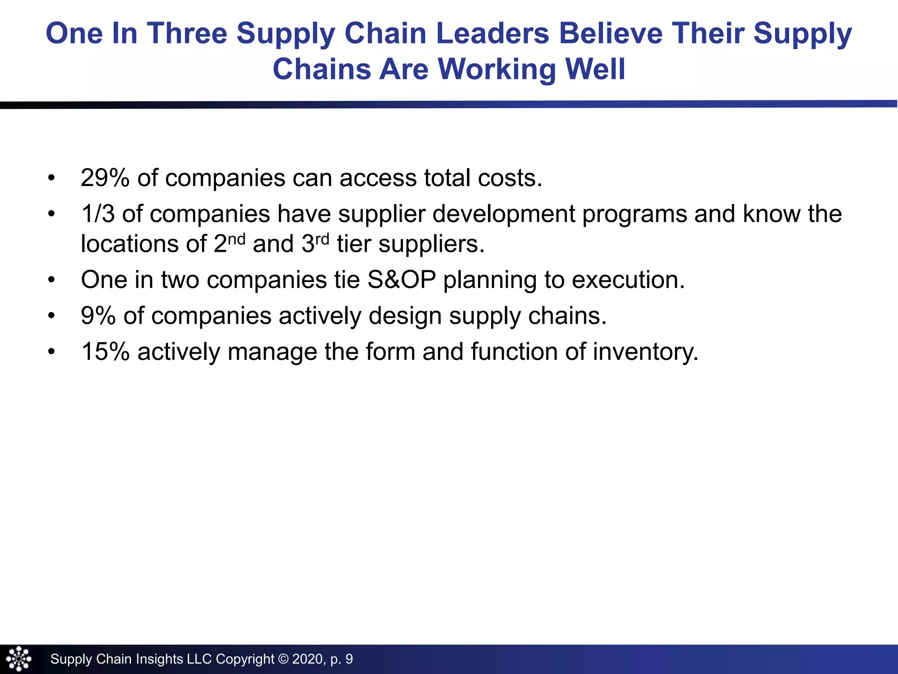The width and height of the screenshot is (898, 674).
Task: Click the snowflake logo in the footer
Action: click(x=19, y=659)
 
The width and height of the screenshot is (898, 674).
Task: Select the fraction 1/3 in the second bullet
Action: click(x=97, y=214)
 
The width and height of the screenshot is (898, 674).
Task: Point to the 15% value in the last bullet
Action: click(x=105, y=352)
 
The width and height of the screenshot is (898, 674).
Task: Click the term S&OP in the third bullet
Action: click(x=402, y=280)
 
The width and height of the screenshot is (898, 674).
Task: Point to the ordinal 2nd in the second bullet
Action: click(x=229, y=243)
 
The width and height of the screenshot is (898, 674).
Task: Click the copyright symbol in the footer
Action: click(x=283, y=659)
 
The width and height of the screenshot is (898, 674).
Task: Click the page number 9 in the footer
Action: click(x=349, y=659)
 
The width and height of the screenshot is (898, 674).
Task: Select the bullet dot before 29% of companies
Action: click(x=52, y=178)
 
